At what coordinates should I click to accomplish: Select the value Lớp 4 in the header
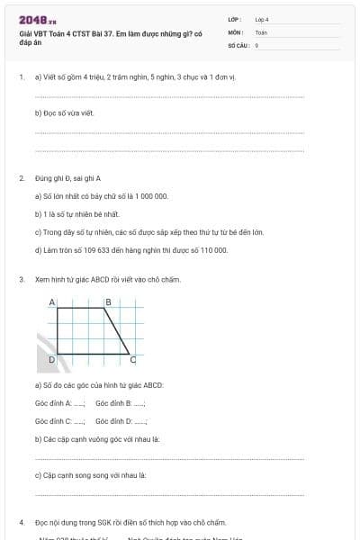pyautogui.click(x=262, y=19)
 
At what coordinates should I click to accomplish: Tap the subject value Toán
pyautogui.click(x=261, y=31)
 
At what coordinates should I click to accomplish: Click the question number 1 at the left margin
pyautogui.click(x=21, y=77)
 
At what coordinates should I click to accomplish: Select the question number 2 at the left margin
pyautogui.click(x=21, y=178)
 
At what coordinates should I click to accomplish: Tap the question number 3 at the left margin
pyautogui.click(x=21, y=280)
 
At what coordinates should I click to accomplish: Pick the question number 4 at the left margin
pyautogui.click(x=21, y=522)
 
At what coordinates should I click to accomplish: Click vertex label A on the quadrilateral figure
pyautogui.click(x=52, y=301)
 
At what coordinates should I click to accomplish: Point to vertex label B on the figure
pyautogui.click(x=108, y=301)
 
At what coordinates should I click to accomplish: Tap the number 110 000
pyautogui.click(x=211, y=250)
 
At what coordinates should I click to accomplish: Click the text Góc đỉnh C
pyautogui.click(x=53, y=420)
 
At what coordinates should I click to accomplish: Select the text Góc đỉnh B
pyautogui.click(x=113, y=403)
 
